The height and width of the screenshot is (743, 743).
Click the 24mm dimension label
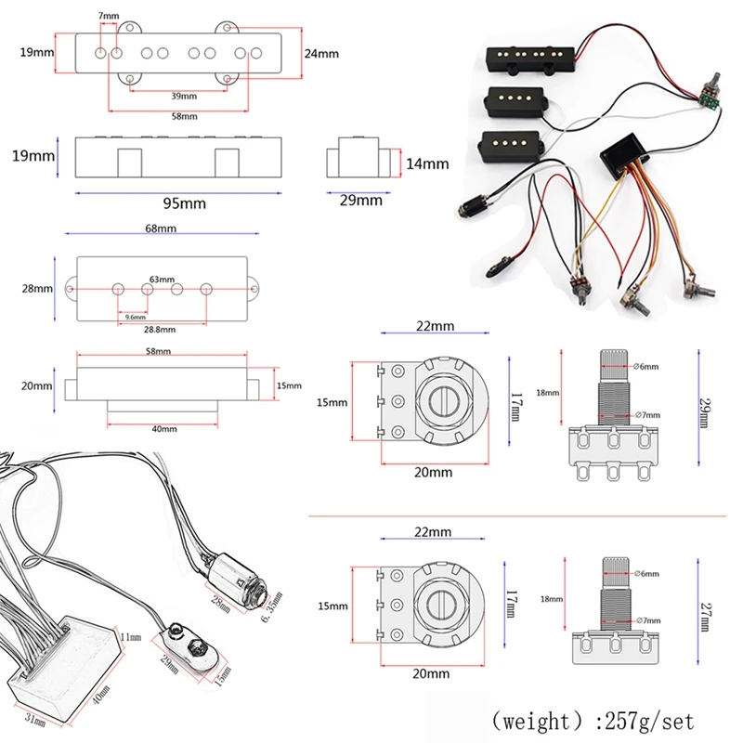click(x=321, y=53)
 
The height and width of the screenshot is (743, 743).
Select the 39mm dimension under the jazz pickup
click(x=183, y=97)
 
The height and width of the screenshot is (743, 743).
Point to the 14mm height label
click(x=426, y=163)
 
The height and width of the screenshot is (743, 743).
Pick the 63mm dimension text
click(x=162, y=279)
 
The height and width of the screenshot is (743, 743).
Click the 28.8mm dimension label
click(x=159, y=329)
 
